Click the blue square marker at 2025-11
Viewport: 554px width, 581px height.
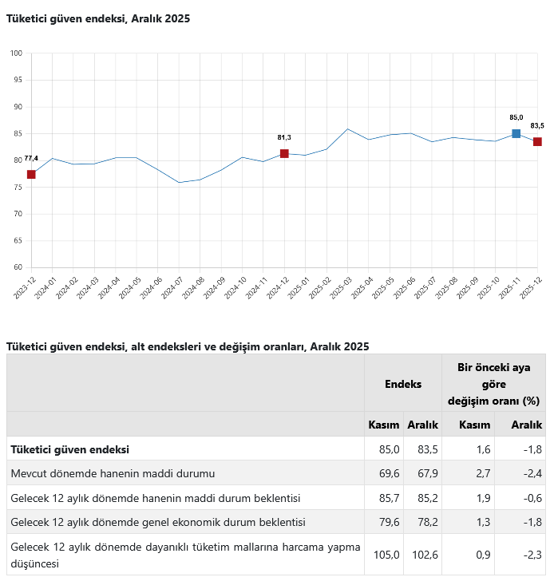(516, 133)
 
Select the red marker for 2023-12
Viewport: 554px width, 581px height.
(31, 174)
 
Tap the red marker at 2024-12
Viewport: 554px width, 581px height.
(284, 153)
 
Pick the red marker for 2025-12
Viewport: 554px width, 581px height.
(537, 141)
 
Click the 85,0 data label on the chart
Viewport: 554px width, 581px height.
(516, 117)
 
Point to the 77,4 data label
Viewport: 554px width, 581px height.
(31, 158)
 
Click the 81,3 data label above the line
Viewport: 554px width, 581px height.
(284, 137)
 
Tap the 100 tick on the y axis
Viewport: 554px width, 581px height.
(16, 53)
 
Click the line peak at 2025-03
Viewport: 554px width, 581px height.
(347, 128)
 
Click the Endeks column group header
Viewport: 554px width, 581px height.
(403, 384)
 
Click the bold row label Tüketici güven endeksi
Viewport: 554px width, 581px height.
(70, 449)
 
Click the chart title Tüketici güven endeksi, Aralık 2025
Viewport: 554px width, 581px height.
(98, 18)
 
